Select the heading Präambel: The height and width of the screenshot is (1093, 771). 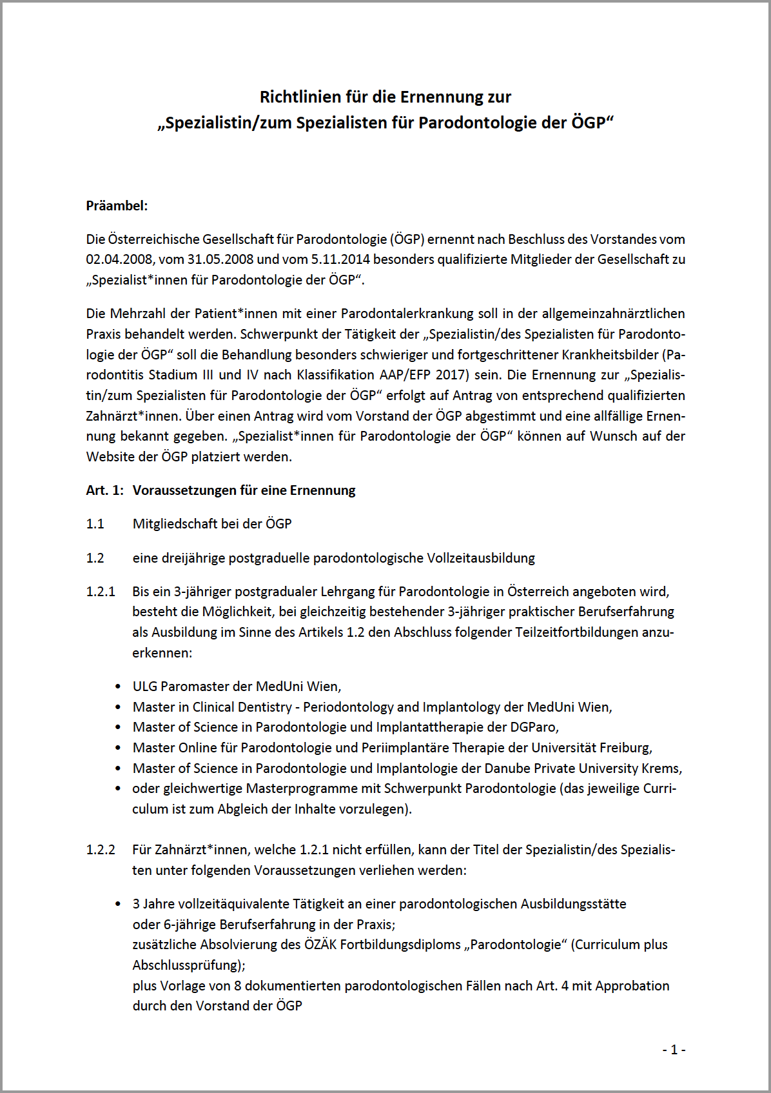[x=117, y=206]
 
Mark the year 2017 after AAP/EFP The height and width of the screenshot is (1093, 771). [x=451, y=375]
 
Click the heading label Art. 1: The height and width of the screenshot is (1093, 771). [x=104, y=490]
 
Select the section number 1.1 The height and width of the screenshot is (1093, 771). [x=95, y=524]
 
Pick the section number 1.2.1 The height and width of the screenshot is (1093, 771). [x=101, y=592]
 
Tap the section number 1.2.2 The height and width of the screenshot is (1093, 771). [x=101, y=850]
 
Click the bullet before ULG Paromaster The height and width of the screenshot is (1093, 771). [x=117, y=687]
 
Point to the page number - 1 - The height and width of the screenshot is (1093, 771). [x=674, y=1050]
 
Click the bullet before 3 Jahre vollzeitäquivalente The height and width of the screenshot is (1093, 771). [x=117, y=905]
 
